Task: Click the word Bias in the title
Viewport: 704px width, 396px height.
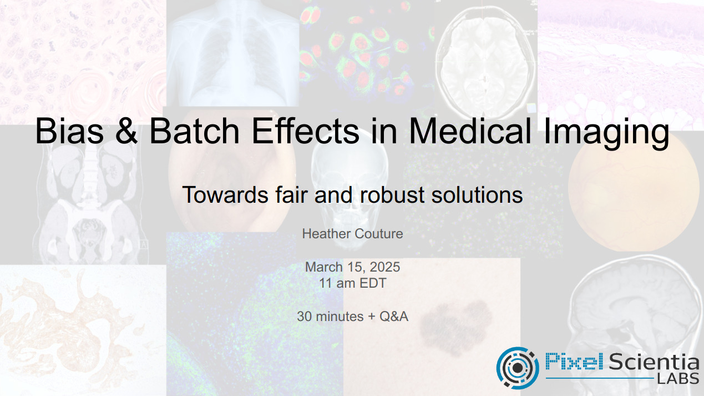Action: point(69,131)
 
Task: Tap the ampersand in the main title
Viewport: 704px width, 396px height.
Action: point(126,131)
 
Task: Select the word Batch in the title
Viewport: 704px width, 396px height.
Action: point(194,131)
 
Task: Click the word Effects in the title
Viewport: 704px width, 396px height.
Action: point(305,131)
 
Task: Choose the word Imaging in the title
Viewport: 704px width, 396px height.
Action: point(606,133)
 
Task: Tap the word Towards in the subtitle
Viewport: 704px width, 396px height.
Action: point(225,195)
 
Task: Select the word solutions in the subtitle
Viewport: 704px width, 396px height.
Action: point(477,195)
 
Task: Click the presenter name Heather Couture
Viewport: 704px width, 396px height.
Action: point(352,234)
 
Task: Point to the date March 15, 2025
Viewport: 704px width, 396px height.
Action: point(352,267)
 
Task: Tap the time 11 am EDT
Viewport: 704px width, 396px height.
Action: point(352,283)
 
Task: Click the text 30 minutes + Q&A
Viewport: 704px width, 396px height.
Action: point(352,317)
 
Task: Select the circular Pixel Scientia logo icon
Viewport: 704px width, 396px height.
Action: point(517,367)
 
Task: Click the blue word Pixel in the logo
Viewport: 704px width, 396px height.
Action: point(574,361)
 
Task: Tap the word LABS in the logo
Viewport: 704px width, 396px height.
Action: point(678,378)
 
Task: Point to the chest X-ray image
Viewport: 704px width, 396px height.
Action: point(232,53)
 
